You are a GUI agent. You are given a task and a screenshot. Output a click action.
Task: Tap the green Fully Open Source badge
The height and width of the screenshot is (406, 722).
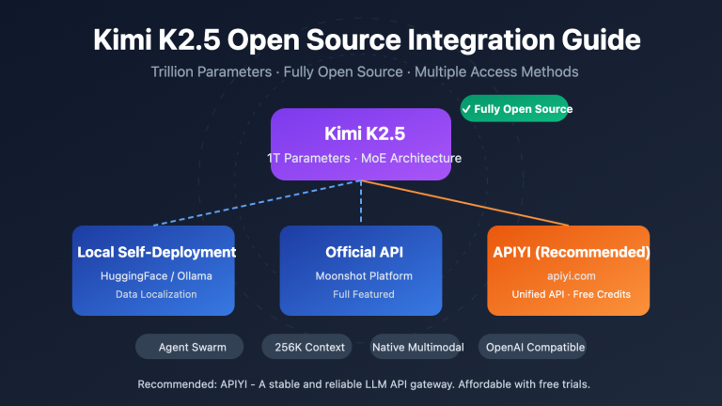516,109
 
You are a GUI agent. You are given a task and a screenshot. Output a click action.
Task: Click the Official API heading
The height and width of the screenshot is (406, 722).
361,252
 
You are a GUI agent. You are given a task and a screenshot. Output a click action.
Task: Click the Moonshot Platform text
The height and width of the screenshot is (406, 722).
361,275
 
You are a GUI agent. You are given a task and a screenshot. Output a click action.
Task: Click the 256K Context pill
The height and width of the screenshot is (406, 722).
311,347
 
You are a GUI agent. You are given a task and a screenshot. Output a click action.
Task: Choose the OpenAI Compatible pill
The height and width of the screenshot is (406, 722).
535,347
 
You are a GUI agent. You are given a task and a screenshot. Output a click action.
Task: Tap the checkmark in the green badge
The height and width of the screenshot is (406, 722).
466,109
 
